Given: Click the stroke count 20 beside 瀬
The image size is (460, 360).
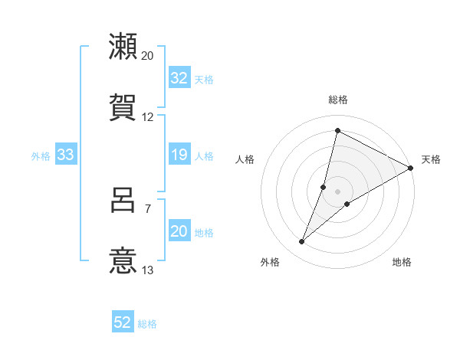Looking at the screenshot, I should coord(148,55).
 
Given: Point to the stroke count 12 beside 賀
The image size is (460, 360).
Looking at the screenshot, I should coord(148,117).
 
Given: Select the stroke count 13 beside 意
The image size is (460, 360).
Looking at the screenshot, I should coord(148,270).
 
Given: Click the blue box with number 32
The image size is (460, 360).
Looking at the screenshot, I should coord(179,78).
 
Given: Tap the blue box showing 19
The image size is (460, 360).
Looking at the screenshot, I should coord(179,155).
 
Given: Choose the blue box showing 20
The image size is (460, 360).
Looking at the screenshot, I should coord(179,232).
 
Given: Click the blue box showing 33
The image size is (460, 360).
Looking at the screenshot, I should coord(66,155).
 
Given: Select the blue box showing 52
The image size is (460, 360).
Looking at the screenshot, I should coord(123,323).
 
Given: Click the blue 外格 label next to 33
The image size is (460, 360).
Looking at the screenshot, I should coord(41,156).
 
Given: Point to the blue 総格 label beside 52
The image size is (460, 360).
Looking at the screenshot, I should coord(148,324).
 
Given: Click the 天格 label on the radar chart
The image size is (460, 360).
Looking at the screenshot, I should coord(431,159).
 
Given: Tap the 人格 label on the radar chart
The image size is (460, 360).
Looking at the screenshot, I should coord(245,159).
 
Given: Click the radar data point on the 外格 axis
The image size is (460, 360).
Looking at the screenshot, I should coord(302,242).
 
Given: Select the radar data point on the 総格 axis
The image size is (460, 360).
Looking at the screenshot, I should coord(337,130).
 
